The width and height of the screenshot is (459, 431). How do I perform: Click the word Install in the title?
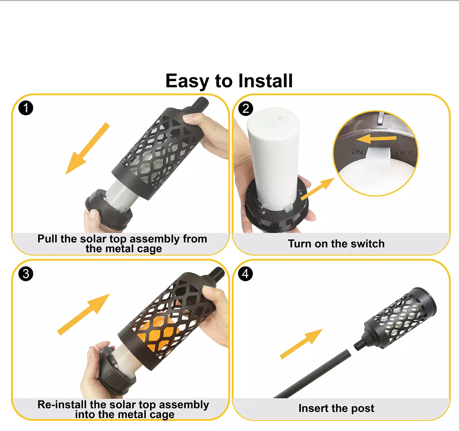265,81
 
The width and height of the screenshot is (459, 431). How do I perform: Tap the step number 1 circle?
26,108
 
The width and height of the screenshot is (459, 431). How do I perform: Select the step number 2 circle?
246,109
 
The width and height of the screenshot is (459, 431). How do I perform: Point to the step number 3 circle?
26,274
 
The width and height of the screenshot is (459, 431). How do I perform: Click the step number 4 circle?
246,274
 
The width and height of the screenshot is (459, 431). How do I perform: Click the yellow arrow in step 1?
88,148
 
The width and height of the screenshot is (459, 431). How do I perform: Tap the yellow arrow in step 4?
301,343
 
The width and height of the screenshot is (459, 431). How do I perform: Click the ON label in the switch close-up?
357,152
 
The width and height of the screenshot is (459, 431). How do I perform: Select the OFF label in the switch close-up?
405,153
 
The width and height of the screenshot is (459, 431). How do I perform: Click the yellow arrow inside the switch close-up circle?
377,139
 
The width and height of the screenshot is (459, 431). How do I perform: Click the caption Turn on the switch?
336,244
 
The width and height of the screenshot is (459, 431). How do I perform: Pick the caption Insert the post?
336,408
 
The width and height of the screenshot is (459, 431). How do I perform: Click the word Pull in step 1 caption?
47,239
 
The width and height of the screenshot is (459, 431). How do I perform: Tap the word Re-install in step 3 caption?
62,404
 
